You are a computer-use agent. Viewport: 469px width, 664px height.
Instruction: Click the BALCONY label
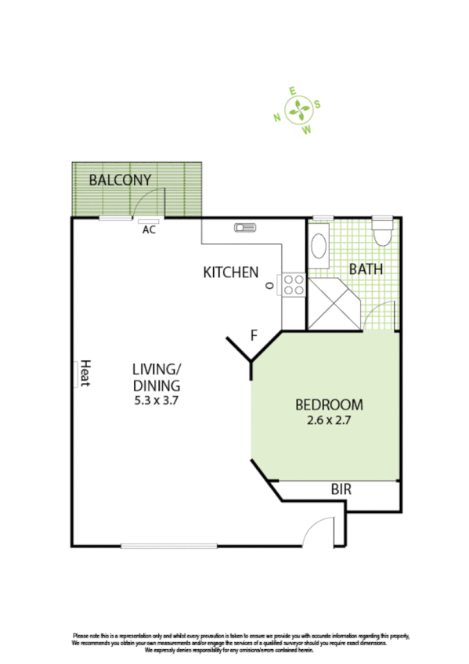coord(120,180)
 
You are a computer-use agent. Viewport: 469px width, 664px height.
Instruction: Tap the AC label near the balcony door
coord(148,230)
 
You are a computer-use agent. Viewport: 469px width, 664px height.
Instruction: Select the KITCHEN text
coord(230,272)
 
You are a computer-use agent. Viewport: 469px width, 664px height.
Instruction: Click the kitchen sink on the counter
coord(244,229)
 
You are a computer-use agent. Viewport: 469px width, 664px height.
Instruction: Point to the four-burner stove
coord(294,285)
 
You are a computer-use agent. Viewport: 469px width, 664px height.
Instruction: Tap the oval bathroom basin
coord(319,246)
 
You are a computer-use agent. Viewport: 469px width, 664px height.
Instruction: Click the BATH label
coord(366,269)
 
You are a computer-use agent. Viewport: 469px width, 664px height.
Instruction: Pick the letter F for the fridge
coord(253,336)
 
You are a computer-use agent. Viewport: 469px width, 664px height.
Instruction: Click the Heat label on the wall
coord(85,373)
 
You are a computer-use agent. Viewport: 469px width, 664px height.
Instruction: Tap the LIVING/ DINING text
coord(157,377)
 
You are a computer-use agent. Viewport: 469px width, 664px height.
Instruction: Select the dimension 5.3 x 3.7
coord(157,400)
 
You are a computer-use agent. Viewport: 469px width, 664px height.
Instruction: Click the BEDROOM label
coord(328,405)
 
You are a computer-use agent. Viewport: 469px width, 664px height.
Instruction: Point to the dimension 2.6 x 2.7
coord(328,420)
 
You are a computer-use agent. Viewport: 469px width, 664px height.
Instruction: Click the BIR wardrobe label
coord(341,490)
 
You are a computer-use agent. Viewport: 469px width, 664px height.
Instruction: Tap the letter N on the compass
coord(277,118)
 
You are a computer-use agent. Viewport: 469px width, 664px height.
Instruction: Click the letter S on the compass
coord(318,105)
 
